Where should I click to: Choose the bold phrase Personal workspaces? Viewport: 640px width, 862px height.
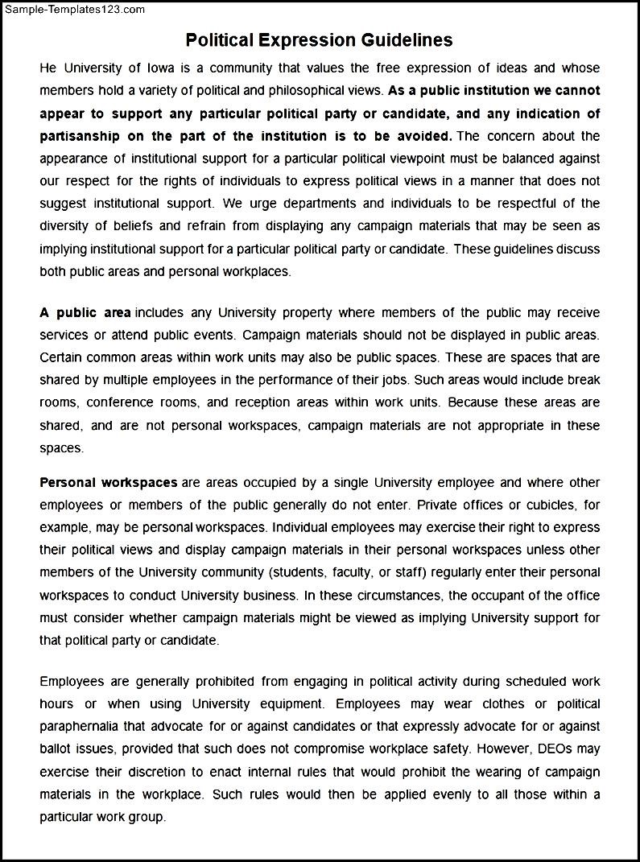coord(109,483)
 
